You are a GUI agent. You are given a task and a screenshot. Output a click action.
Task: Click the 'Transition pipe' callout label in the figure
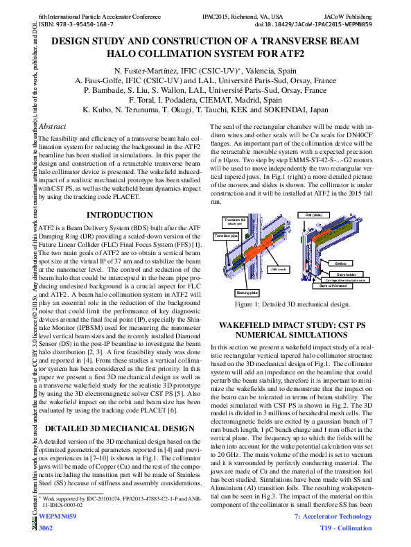coord(226,236)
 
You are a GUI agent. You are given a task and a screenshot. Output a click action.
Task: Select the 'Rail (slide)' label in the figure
coord(313,215)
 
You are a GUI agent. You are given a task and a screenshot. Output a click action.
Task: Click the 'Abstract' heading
coord(53,127)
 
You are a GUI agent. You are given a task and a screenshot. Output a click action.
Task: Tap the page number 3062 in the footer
coord(46,529)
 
